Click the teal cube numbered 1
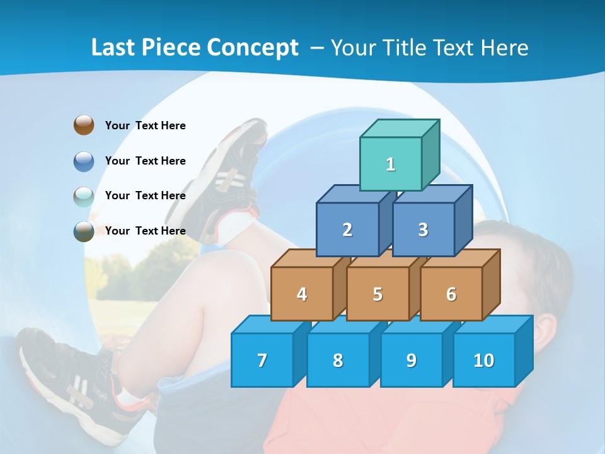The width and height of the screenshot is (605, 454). click(x=391, y=164)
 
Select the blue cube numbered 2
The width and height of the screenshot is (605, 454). click(x=347, y=230)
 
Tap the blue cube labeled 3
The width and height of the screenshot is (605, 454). click(x=423, y=230)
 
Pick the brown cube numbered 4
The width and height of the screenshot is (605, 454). click(x=302, y=294)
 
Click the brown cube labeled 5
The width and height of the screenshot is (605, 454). click(x=377, y=294)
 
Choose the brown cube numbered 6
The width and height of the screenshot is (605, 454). click(x=451, y=294)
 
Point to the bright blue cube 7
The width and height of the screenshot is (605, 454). click(x=262, y=360)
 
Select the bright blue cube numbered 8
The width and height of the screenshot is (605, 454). click(x=338, y=360)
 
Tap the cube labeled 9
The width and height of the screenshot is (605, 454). click(x=411, y=360)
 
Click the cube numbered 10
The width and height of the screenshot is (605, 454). click(x=483, y=360)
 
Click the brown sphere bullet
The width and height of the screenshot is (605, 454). click(x=84, y=125)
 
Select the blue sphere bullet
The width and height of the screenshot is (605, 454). click(x=84, y=161)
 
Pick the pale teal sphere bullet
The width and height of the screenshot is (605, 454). click(x=84, y=196)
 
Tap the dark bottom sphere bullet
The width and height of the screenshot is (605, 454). click(x=84, y=231)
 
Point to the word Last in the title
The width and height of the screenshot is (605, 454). click(x=113, y=48)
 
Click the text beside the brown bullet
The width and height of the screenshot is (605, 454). click(x=145, y=125)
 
